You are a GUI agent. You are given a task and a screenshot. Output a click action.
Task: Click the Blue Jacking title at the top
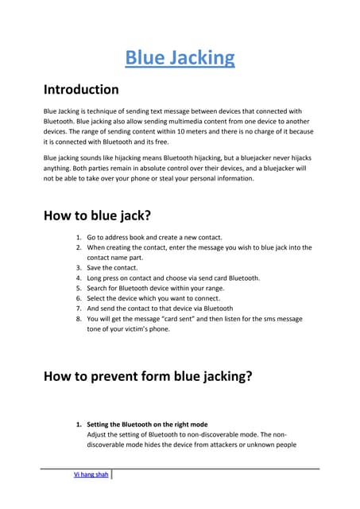click(x=180, y=57)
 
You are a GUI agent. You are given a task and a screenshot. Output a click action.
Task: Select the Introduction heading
click(x=80, y=89)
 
